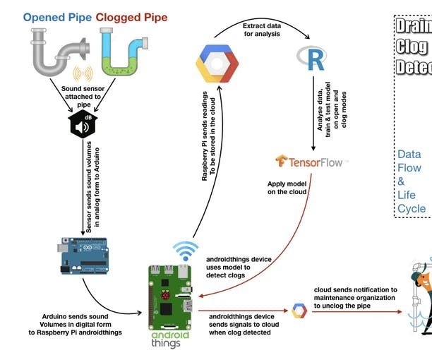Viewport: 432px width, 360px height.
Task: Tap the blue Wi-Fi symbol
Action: click(x=186, y=250)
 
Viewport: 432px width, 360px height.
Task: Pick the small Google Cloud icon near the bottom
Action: click(x=299, y=311)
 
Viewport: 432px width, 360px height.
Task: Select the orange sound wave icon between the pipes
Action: click(x=83, y=73)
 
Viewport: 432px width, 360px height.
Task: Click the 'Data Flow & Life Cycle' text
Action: click(x=411, y=181)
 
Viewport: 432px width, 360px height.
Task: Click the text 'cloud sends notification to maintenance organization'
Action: click(x=355, y=297)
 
